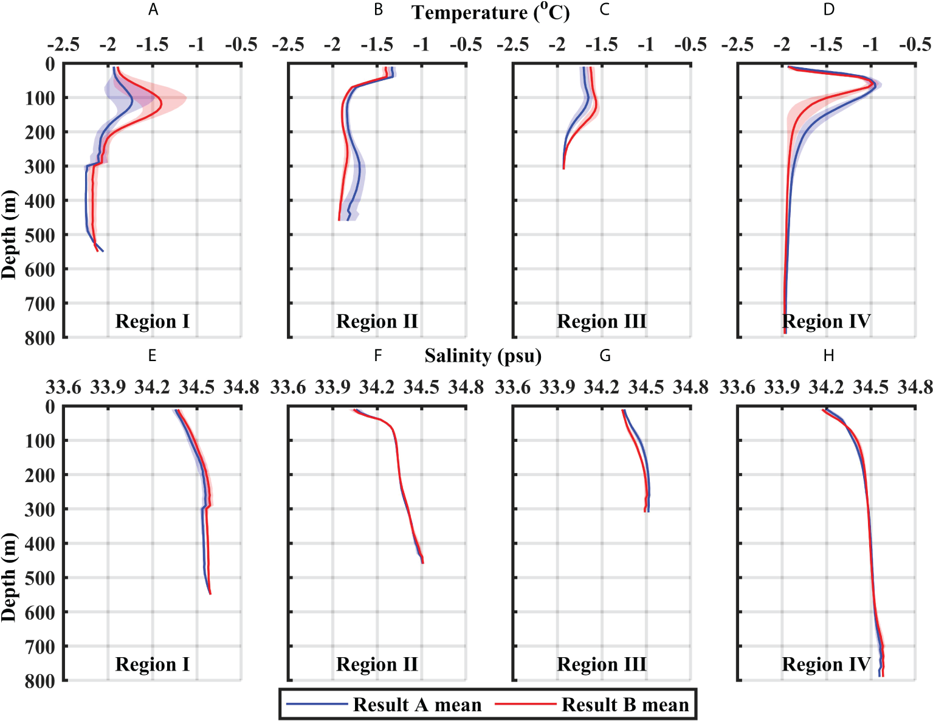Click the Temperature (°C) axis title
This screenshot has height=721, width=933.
pos(490,13)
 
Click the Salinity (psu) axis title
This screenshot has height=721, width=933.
pos(483,356)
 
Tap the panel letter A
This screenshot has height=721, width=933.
pos(153,10)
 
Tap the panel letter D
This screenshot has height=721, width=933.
pos(829,10)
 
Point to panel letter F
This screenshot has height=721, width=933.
pos(377,356)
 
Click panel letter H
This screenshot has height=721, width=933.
pos(828,356)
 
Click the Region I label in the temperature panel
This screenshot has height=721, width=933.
pos(152,321)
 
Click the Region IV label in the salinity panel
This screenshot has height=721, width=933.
pos(826,664)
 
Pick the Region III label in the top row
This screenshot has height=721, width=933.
pos(602,321)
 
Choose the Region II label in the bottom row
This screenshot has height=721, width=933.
pos(377,664)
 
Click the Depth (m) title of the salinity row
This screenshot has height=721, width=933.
pos(9,578)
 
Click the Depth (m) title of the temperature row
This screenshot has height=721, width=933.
pos(9,235)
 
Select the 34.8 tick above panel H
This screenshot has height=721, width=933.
pos(915,387)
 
